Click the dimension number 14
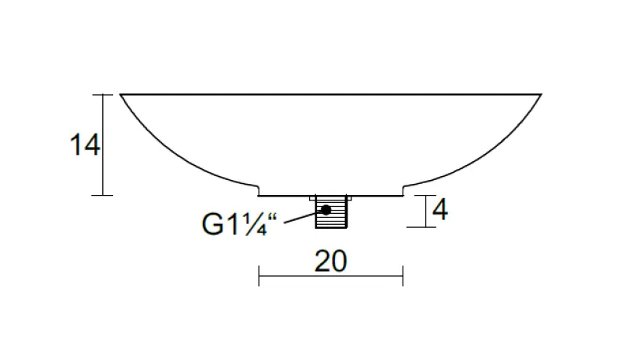click(85, 145)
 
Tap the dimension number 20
click(330, 261)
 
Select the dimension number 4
click(440, 210)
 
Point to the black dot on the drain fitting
click(325, 210)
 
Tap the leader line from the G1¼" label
click(299, 217)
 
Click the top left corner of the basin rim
click(121, 94)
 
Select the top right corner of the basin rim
click(541, 94)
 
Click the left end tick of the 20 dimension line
click(259, 275)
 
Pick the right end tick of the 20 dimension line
click(403, 275)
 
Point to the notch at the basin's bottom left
click(259, 190)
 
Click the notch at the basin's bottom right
click(403, 190)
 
